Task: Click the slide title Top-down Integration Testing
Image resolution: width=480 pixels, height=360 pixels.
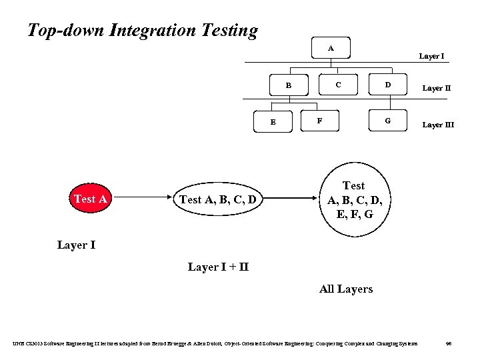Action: click(x=142, y=30)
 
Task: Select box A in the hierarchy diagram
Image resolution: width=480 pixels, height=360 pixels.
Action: click(x=331, y=48)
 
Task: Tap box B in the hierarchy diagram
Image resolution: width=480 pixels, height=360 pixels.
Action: click(x=289, y=85)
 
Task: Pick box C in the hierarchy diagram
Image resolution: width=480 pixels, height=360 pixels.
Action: click(x=339, y=85)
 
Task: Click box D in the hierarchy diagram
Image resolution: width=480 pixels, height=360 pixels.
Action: click(x=387, y=85)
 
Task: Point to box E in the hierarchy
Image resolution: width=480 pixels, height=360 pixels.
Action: click(x=273, y=122)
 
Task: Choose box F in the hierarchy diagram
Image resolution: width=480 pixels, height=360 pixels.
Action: click(x=321, y=121)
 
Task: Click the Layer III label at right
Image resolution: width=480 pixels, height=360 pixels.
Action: click(x=438, y=124)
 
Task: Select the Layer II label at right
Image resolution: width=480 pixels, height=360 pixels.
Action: click(x=437, y=87)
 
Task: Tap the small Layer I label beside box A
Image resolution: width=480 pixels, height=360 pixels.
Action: click(x=431, y=56)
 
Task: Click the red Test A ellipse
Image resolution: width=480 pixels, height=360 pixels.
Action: click(x=91, y=199)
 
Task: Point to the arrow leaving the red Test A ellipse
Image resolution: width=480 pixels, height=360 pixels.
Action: click(x=140, y=199)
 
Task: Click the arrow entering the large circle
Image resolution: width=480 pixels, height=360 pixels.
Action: click(x=293, y=199)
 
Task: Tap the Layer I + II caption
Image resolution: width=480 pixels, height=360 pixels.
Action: click(x=218, y=267)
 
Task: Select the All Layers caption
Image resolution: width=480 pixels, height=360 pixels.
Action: click(x=346, y=289)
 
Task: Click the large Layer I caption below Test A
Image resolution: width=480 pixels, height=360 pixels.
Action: click(x=76, y=245)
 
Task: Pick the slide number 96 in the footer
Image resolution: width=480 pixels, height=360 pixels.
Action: click(x=449, y=343)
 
